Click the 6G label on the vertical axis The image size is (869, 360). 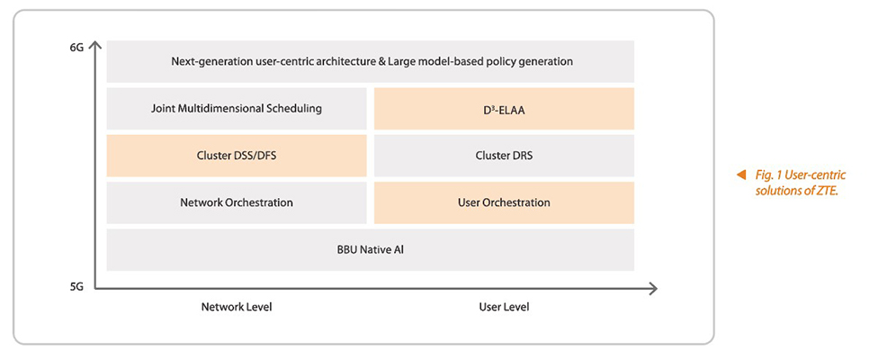click(x=76, y=49)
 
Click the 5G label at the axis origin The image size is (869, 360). click(x=76, y=289)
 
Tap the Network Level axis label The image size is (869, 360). click(x=237, y=307)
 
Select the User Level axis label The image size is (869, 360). click(x=504, y=307)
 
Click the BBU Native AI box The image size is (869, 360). click(x=371, y=249)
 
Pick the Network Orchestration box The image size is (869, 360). click(x=237, y=202)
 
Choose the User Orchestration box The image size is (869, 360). click(x=504, y=202)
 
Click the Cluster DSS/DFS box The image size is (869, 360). click(x=237, y=156)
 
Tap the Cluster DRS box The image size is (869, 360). click(x=504, y=156)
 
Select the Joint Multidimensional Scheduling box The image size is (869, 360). click(x=237, y=109)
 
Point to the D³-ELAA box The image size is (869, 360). click(x=504, y=109)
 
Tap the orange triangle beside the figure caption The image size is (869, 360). click(x=739, y=175)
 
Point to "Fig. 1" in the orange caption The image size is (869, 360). click(x=766, y=175)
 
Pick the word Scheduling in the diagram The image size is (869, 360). click(x=295, y=109)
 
